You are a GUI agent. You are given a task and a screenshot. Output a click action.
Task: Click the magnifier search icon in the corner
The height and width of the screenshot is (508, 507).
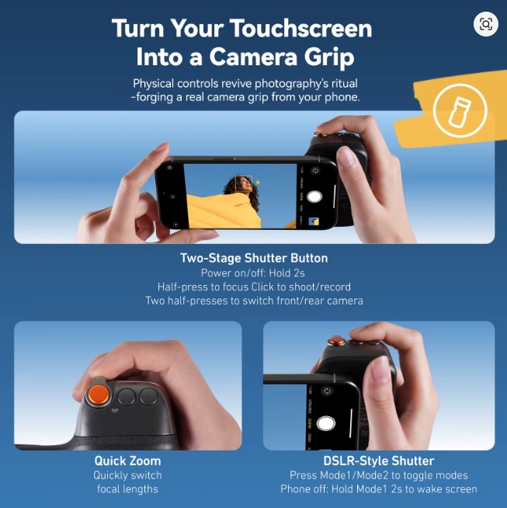coord(485,24)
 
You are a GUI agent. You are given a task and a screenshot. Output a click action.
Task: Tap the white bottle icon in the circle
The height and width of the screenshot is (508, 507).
coord(460,111)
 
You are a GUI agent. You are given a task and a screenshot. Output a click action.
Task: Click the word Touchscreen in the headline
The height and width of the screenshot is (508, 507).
coord(301,29)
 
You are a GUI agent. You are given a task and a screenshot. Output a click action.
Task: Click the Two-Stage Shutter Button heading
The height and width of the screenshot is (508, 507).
coord(254,258)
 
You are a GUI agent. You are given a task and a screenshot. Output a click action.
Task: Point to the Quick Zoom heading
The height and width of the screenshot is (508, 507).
coord(127,461)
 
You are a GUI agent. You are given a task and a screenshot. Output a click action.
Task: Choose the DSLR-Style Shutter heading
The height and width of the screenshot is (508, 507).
coord(379,461)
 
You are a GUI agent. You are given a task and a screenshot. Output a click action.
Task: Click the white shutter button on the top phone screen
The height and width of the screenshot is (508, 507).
coord(314,197)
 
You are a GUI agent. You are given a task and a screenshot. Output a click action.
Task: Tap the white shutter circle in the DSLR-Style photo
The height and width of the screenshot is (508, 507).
coord(325,423)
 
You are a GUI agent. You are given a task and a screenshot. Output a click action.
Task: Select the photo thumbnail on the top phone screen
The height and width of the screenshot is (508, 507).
coord(314,221)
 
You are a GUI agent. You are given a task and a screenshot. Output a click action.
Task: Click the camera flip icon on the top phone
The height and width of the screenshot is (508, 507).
coord(314,171)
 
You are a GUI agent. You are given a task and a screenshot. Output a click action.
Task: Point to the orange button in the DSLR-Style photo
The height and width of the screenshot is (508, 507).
coord(336,341)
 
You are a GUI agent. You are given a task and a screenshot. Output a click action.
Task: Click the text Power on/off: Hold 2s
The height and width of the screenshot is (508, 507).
coord(252,273)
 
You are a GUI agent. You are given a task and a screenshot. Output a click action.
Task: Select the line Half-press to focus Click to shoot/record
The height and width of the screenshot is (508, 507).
coord(254,287)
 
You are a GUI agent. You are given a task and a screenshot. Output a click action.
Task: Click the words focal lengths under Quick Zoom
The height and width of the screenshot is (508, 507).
coord(127,489)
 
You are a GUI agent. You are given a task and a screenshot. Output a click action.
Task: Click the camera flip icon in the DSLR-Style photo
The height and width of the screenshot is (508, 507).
coord(327,391)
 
